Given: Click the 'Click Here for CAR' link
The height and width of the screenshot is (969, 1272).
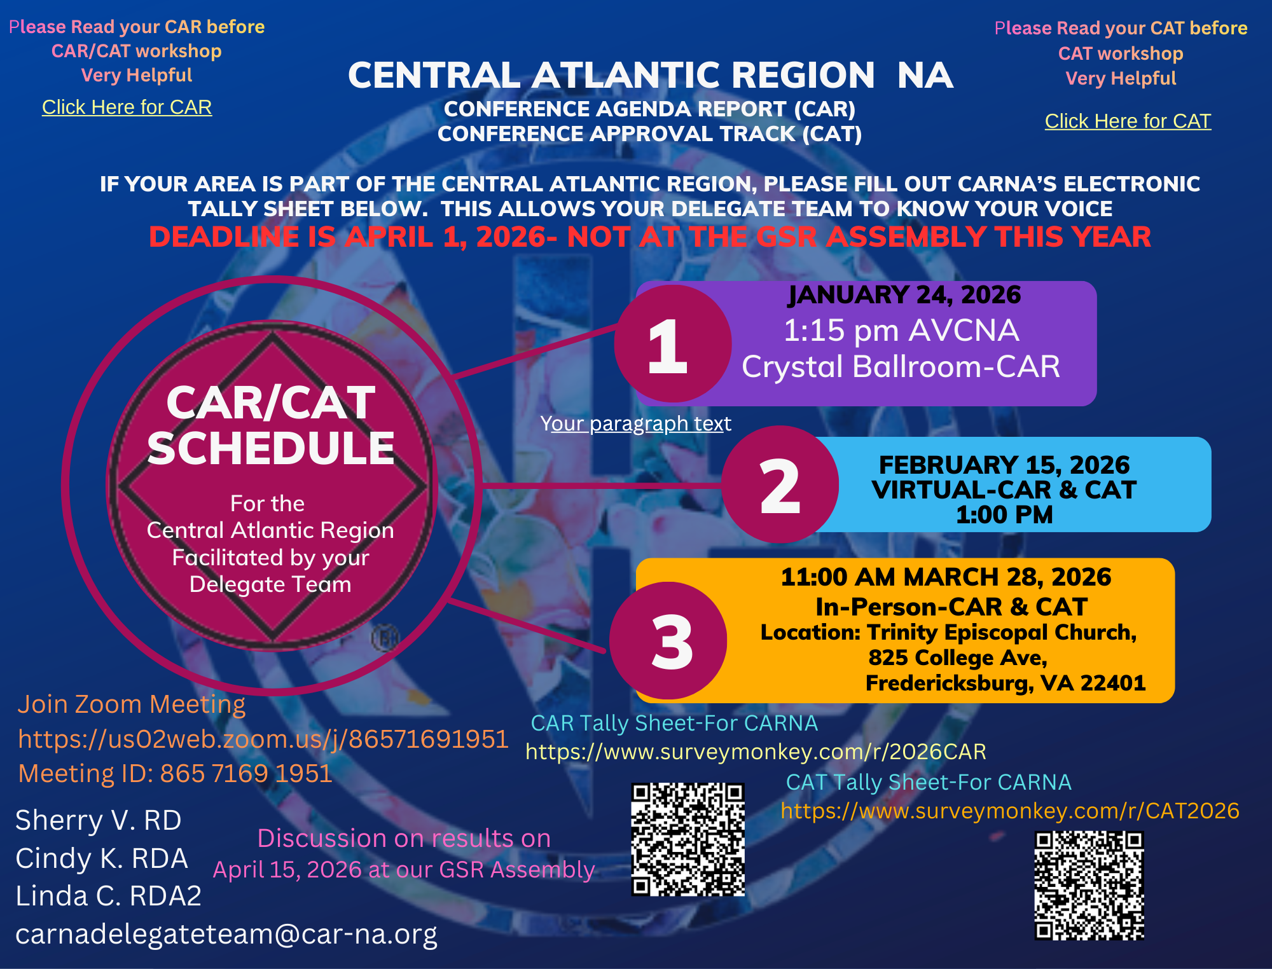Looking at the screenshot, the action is [127, 107].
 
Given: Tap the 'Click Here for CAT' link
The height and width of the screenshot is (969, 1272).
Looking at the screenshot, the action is [1128, 121].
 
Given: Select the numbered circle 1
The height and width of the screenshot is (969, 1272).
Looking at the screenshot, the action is [672, 343].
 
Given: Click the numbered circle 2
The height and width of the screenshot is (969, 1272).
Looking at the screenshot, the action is [780, 484].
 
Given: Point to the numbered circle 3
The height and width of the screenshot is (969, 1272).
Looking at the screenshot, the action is [668, 640].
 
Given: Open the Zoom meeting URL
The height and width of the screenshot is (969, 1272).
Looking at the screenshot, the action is [263, 739].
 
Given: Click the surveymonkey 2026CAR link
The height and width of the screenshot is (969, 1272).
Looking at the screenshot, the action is [756, 752].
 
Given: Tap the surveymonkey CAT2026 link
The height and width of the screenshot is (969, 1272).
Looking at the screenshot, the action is [1010, 811].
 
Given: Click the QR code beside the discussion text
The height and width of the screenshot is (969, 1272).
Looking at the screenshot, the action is [688, 839].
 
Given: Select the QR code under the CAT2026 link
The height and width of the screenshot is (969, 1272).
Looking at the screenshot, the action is [1089, 886].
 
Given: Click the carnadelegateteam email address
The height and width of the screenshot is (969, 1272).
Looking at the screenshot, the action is [226, 934].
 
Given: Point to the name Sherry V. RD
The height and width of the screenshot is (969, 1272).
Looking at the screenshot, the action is [99, 820].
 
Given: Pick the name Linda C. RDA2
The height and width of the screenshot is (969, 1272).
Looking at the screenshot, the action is [109, 896].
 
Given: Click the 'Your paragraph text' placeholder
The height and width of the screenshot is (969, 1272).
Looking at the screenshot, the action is [636, 423].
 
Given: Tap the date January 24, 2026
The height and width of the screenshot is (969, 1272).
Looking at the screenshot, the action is [904, 295].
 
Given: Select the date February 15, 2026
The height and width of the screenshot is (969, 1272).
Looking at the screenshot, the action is [1004, 465].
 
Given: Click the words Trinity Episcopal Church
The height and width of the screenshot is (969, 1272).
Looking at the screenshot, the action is [1001, 633].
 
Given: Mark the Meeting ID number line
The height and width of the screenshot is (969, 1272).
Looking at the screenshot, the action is [176, 773].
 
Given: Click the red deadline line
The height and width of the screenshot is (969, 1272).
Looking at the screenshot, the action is [650, 237].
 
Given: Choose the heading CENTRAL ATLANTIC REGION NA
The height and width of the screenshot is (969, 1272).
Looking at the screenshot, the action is [651, 75].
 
